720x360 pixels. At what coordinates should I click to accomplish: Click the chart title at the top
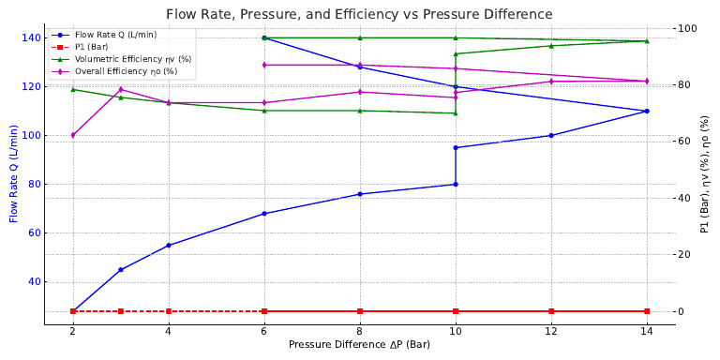coord(360,14)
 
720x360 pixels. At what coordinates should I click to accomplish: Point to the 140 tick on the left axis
coord(26,37)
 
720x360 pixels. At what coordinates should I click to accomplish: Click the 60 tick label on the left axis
coord(29,233)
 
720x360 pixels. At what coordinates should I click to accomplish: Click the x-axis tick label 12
coord(551,332)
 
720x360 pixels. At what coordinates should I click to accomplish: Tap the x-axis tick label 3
coord(121,332)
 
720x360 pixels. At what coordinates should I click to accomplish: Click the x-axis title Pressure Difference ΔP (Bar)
coord(360,344)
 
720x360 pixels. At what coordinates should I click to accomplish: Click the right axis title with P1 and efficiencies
coord(705,174)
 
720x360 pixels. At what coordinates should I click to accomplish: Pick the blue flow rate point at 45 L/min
coord(121,270)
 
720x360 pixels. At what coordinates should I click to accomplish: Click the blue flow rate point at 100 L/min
coord(551,135)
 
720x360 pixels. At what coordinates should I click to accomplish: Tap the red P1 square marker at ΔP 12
coord(551,311)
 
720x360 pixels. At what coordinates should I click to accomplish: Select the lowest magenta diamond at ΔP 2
coord(73,135)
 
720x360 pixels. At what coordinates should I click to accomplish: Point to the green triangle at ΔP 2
coord(73,90)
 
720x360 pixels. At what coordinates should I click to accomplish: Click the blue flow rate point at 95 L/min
coord(456,147)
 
